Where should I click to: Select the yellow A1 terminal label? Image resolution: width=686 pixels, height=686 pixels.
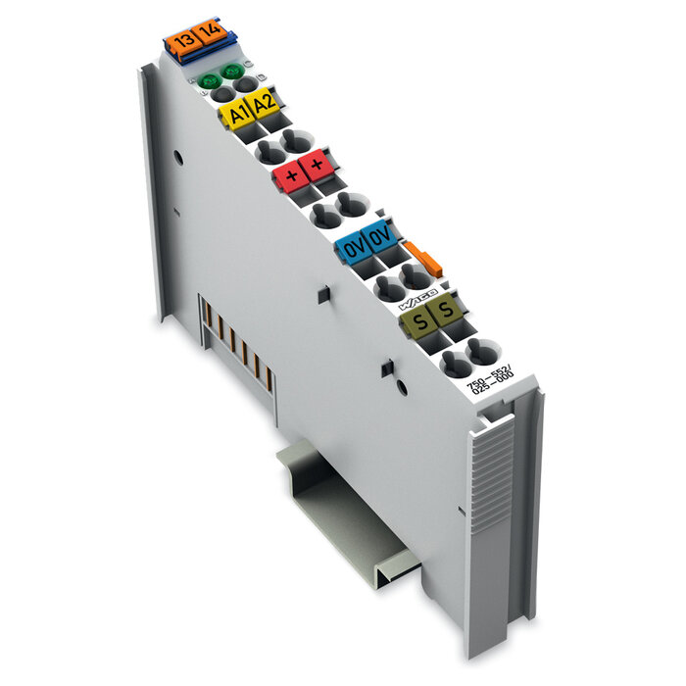click(x=236, y=115)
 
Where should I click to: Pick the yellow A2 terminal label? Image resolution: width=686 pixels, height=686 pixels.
click(x=263, y=106)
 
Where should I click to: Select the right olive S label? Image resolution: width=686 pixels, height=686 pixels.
click(x=446, y=312)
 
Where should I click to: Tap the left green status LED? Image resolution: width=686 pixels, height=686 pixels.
click(x=208, y=81)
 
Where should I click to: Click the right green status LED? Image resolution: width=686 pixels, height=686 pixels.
click(x=231, y=72)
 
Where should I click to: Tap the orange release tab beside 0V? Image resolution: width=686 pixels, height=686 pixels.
click(x=424, y=260)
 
